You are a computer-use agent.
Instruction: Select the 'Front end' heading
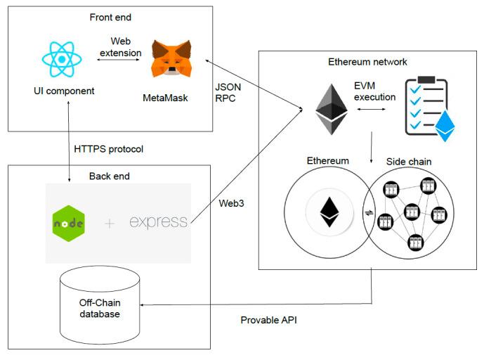110,17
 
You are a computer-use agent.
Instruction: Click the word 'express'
159,222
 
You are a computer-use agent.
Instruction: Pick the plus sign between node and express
109,224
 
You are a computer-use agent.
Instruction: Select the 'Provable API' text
267,319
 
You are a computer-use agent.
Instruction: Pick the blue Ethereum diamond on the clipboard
445,127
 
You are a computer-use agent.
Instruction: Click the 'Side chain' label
408,161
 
